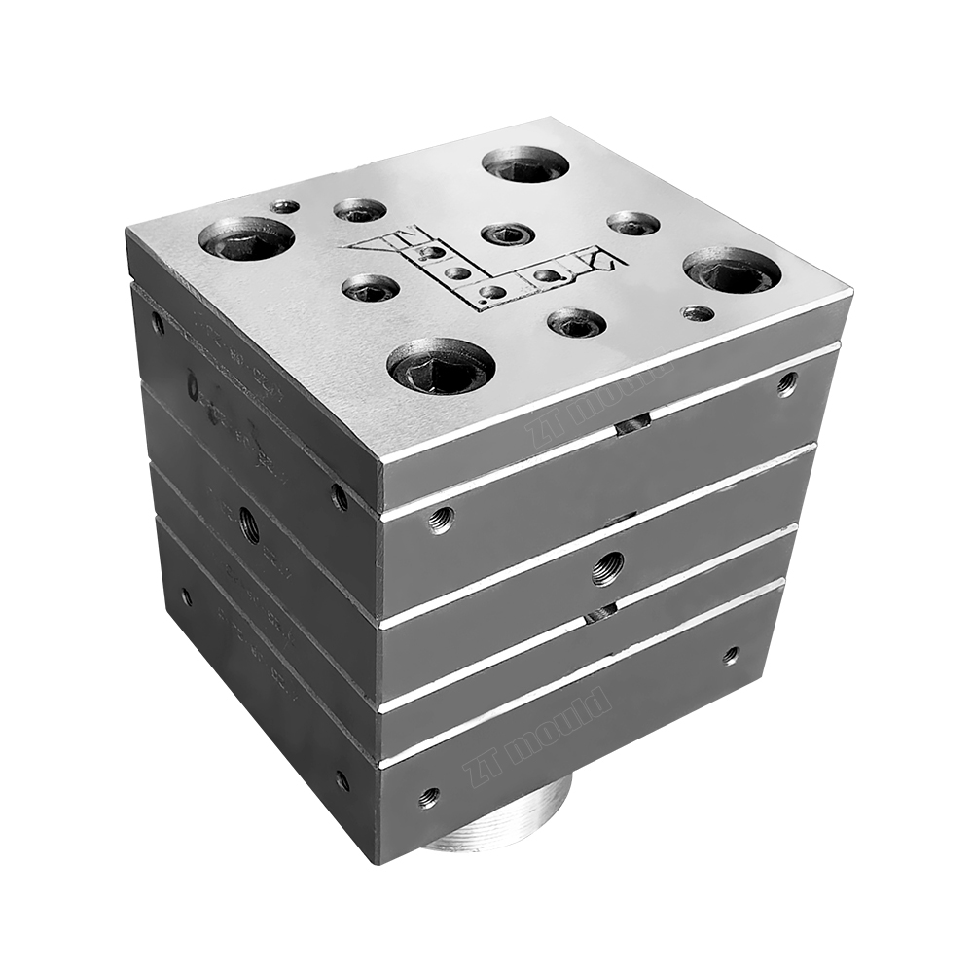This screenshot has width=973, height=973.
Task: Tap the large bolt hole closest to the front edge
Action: click(441, 365)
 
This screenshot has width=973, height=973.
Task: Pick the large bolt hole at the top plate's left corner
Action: click(246, 238)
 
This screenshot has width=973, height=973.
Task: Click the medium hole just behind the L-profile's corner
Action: click(507, 234)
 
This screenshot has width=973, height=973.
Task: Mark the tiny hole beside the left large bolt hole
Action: click(284, 206)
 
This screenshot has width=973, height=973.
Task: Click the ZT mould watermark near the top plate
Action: click(598, 400)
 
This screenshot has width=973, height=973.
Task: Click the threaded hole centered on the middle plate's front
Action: click(607, 567)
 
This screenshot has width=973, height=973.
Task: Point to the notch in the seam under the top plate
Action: click(631, 424)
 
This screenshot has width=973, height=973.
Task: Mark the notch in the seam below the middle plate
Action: click(601, 612)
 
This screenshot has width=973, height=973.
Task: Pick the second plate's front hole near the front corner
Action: click(441, 520)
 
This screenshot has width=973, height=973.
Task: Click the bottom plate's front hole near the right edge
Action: click(731, 656)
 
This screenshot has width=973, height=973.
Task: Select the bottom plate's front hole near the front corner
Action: click(428, 799)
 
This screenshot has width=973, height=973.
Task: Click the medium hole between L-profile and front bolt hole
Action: click(371, 287)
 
